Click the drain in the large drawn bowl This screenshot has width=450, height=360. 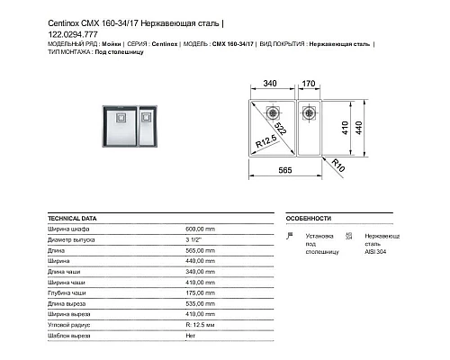click(x=270, y=115)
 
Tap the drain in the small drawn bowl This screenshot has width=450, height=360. click(x=310, y=114)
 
